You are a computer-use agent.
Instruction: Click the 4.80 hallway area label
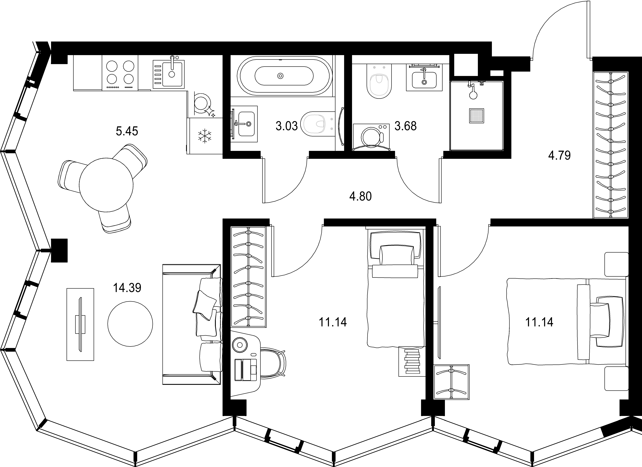pos(360,196)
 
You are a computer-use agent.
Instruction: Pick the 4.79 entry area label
pos(559,155)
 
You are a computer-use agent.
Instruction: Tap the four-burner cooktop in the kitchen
pos(120,73)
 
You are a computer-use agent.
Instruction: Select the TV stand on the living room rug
pos(80,324)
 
